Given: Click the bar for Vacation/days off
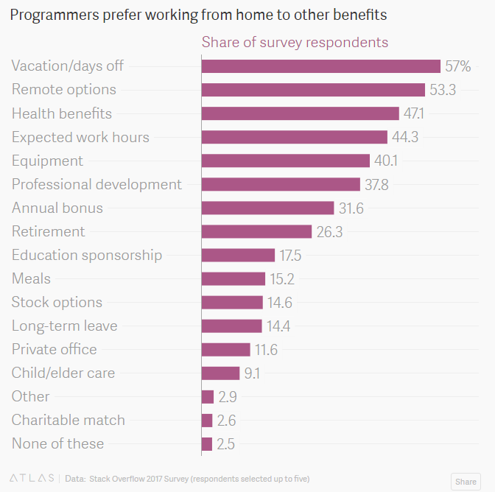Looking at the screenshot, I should point(320,66).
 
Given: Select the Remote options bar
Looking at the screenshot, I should point(313,90).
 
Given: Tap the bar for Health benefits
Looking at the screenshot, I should point(300,113).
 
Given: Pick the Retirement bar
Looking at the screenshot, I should point(256,231).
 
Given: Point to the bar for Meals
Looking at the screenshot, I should point(233,278).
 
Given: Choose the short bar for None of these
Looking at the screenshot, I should point(207,443).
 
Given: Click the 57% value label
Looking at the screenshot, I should point(457,66).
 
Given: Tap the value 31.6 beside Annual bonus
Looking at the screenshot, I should point(351,208).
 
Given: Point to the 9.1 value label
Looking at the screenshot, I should point(252,373).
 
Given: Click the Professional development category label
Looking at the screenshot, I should point(96,184).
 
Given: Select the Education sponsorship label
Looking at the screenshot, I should point(87,255).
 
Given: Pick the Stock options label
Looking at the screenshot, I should point(57,302).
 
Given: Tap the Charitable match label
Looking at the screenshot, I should point(69,420).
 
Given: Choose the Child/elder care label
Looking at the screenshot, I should point(63,373).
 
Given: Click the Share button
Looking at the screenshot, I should point(466,481).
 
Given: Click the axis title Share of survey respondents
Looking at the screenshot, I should point(295,42).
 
